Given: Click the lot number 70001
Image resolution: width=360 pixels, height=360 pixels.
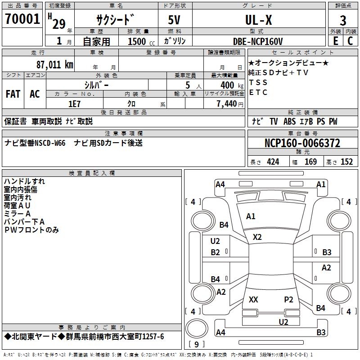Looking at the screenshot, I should [x=22, y=19].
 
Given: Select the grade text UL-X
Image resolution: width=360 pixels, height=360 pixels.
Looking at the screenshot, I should [x=258, y=20].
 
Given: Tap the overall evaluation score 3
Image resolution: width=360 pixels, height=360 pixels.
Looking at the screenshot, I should [x=343, y=21].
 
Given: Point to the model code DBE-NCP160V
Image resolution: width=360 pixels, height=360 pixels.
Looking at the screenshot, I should [x=258, y=41].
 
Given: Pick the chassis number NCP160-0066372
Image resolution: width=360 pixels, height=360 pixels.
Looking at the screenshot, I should [x=302, y=144].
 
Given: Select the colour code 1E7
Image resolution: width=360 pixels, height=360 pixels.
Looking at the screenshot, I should [x=74, y=103].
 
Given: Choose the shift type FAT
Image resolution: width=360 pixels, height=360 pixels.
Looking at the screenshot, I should [x=13, y=94].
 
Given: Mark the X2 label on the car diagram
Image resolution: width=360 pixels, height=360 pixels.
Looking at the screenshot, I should [x=257, y=237].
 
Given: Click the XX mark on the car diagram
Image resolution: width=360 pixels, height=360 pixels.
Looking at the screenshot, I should [x=253, y=299].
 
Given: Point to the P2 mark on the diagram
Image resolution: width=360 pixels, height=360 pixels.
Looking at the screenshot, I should [x=288, y=299].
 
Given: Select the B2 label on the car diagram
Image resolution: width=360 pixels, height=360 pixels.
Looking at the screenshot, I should [x=216, y=252].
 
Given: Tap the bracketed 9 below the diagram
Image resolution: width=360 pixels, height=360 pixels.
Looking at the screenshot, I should [x=196, y=344].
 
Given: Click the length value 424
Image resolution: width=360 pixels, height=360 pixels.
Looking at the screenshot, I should [x=273, y=162].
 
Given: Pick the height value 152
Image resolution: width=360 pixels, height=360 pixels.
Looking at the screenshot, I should [x=346, y=162].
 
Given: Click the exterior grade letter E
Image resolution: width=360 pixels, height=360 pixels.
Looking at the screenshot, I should [x=335, y=40].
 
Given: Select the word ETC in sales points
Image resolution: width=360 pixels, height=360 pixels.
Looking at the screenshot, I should [x=258, y=92].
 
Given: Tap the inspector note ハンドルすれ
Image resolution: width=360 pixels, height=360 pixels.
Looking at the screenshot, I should [x=24, y=181].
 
